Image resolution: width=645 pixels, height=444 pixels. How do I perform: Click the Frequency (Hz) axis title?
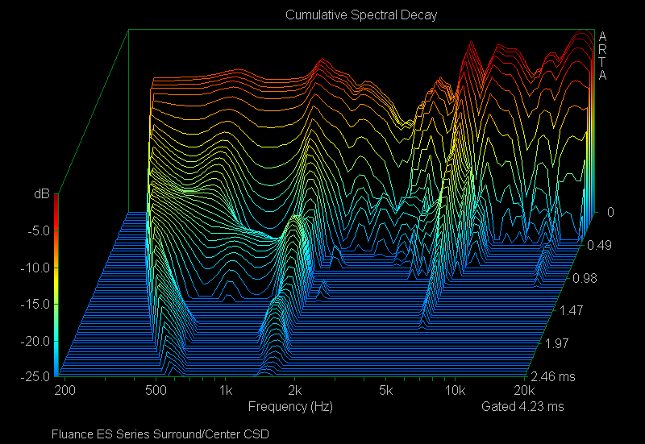(290, 406)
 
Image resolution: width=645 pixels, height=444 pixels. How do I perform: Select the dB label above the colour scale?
(40, 194)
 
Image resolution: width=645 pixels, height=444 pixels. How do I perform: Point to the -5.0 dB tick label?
(37, 230)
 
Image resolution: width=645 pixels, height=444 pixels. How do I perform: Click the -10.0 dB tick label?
(35, 267)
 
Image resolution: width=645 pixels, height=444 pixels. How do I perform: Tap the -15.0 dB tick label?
(35, 304)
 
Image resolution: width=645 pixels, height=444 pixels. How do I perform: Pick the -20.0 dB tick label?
(35, 341)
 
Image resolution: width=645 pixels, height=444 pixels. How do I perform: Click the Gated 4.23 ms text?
(522, 406)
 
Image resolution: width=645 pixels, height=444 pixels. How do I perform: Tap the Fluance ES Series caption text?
(160, 434)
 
